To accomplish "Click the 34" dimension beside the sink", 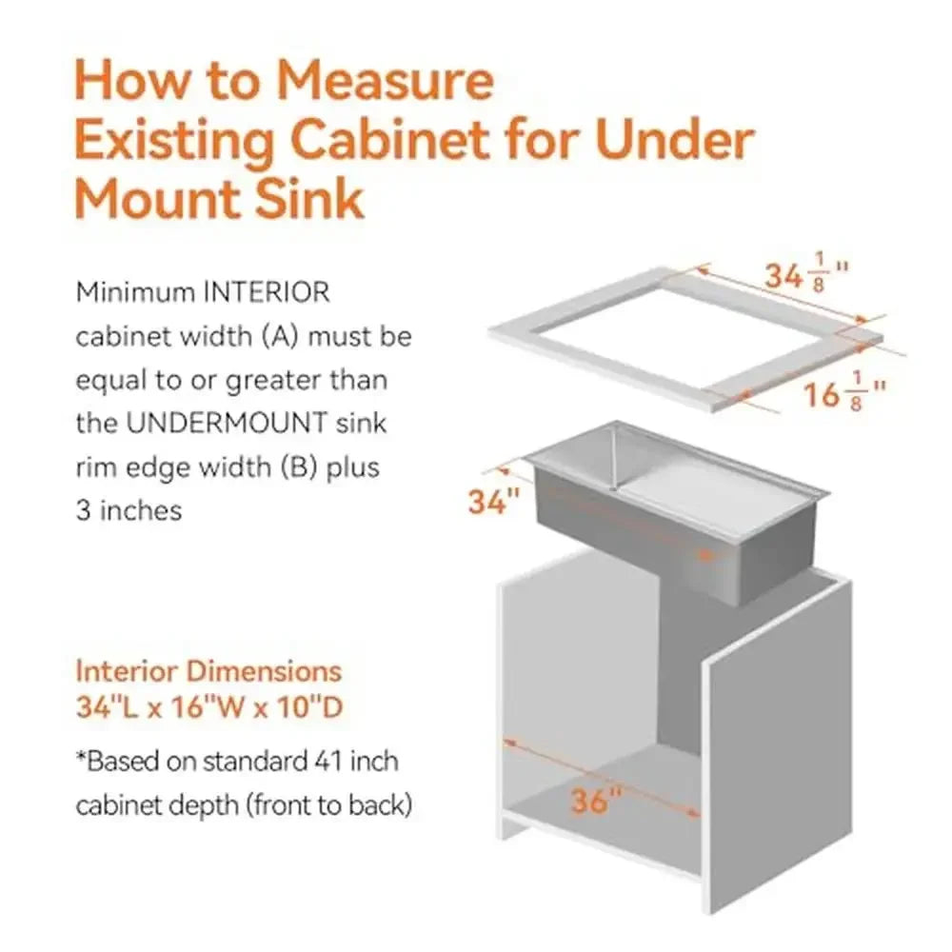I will coord(493,501).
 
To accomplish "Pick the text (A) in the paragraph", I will coord(287,337).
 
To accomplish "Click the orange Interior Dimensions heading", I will coord(208,671).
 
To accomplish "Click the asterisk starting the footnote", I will coord(81,760).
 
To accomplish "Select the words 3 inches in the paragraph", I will coord(129,510).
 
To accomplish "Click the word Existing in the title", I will coord(176,141).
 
